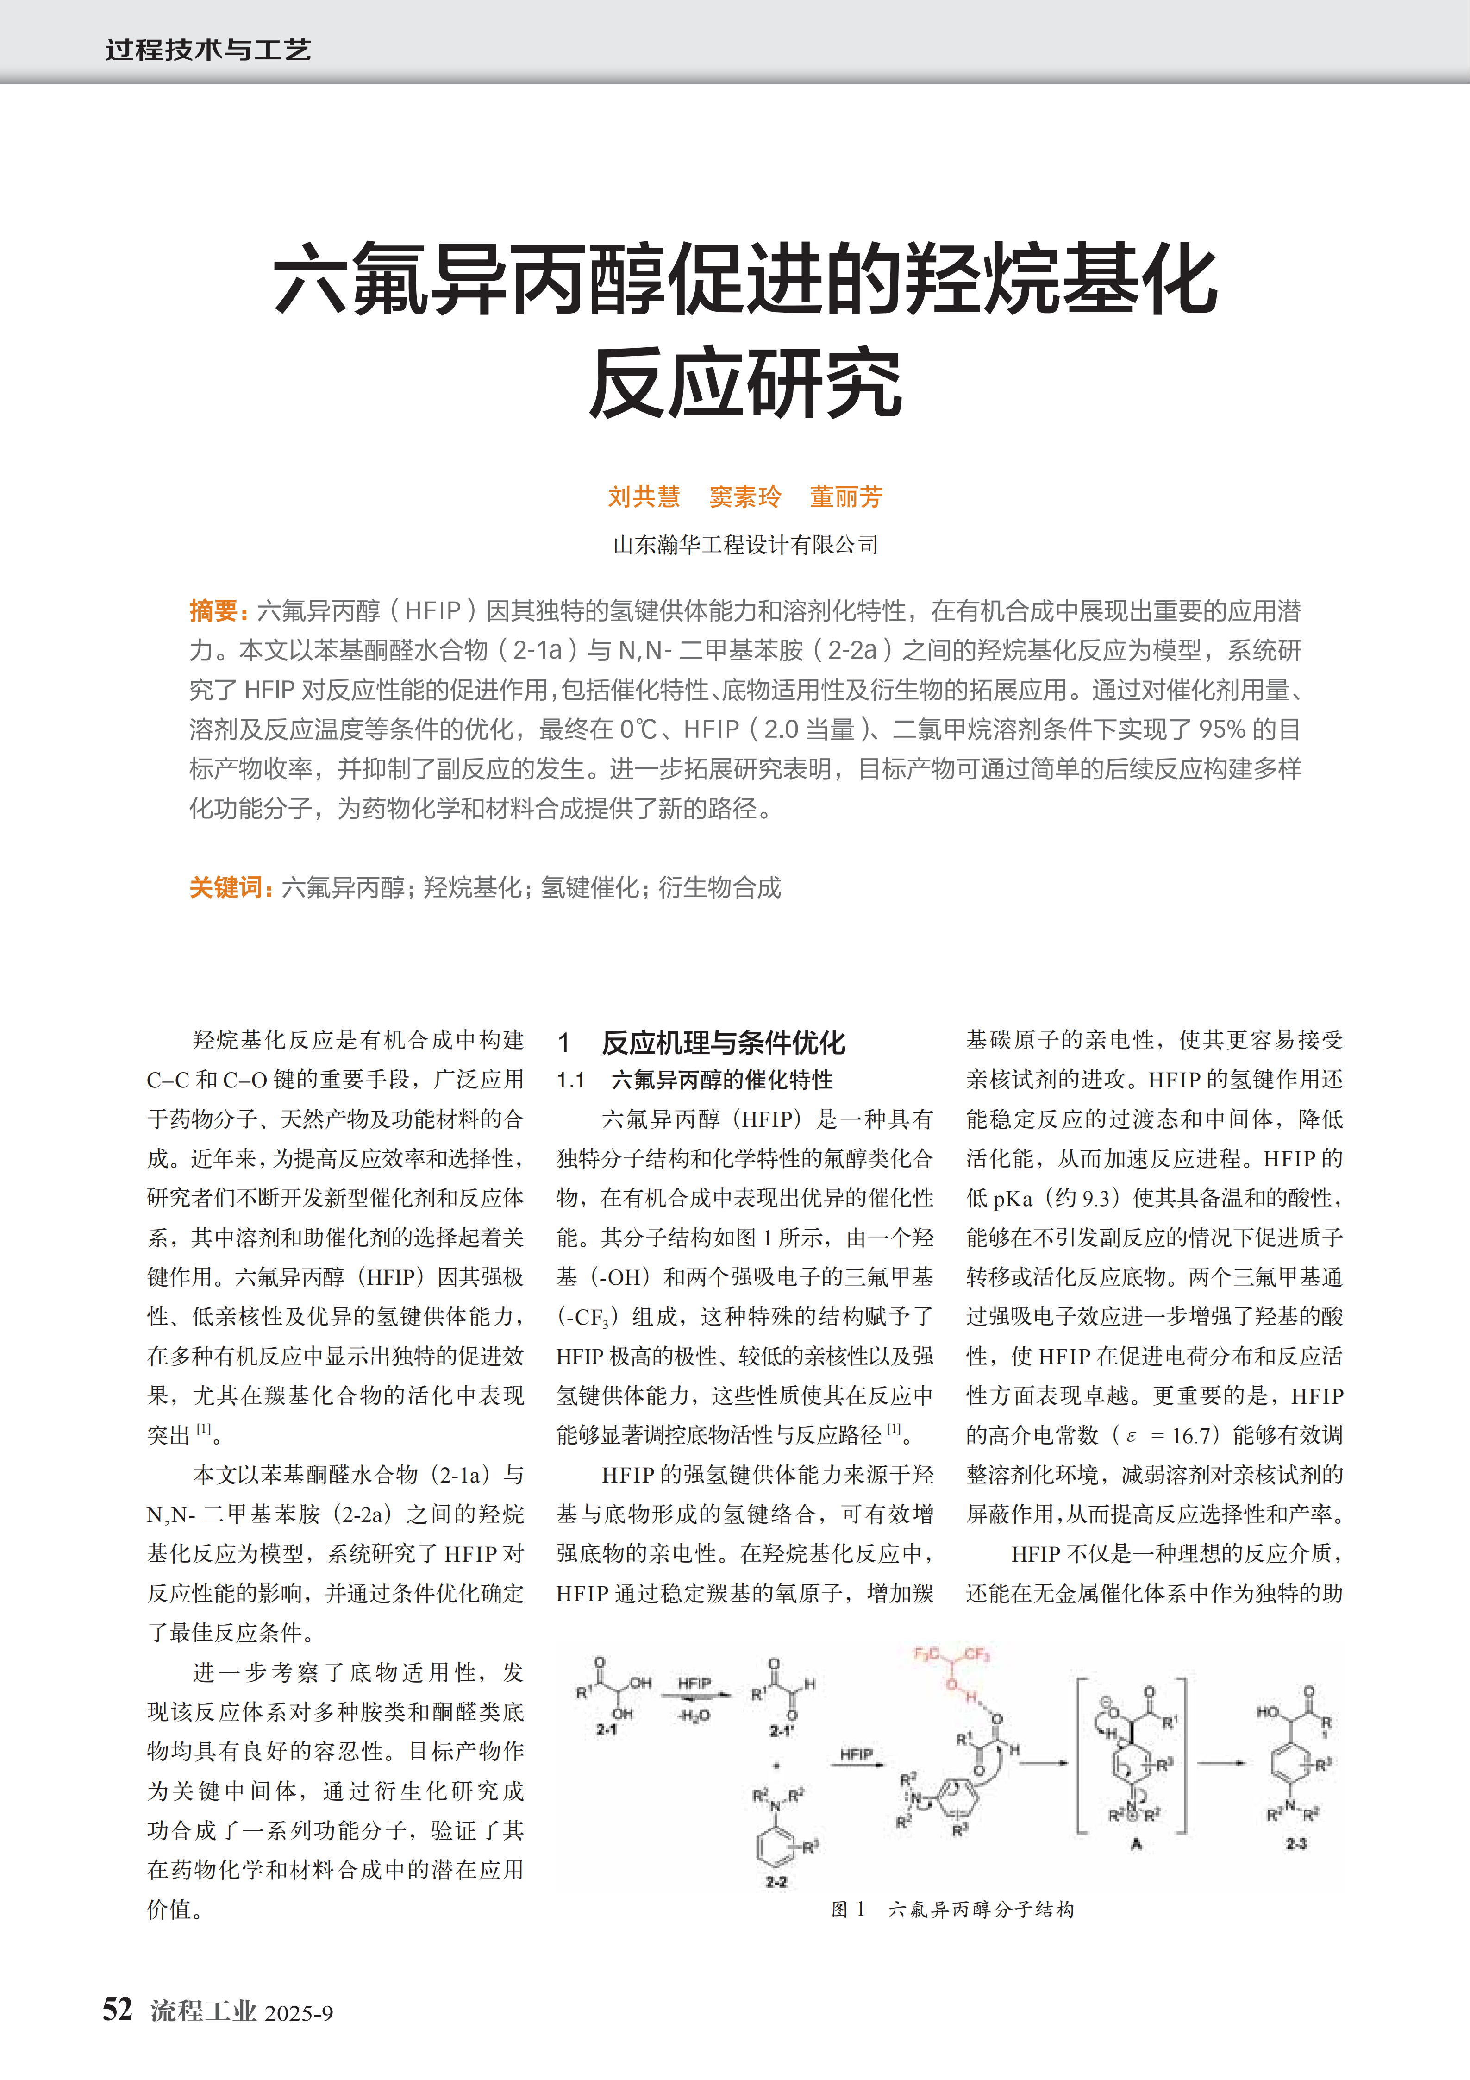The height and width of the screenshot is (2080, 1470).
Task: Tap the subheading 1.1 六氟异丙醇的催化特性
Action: pyautogui.click(x=694, y=1080)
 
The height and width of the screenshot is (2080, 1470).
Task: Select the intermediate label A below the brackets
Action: pyautogui.click(x=1136, y=1843)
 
